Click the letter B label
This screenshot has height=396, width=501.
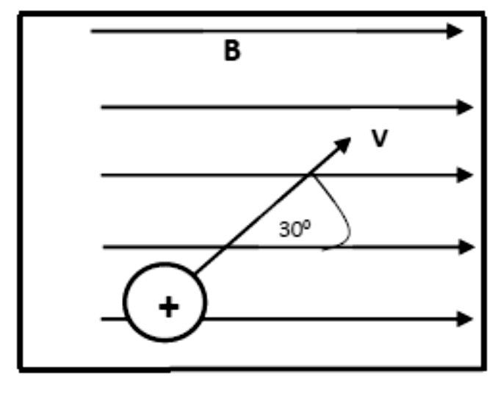pos(232,51)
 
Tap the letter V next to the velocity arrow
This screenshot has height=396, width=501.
pos(380,138)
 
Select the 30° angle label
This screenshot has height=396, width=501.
pos(295,228)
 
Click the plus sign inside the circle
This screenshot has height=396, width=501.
pos(169,307)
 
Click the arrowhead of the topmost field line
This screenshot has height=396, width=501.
pos(455,31)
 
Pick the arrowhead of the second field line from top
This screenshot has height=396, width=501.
pos(465,107)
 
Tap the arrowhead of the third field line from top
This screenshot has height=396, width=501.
pos(465,175)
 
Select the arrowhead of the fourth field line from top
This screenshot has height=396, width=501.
pos(466,247)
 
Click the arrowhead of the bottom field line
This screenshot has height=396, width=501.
pos(465,319)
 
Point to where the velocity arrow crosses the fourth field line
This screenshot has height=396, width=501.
pos(226,247)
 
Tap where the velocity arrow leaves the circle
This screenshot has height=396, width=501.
pos(195,273)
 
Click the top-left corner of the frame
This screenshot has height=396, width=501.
pos(20,14)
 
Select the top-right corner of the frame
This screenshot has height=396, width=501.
pos(484,14)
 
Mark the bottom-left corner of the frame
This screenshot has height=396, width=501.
pos(20,370)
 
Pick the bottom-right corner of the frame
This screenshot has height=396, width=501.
pos(484,369)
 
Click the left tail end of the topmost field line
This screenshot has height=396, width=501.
pos(91,31)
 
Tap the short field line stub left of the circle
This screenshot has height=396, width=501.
pos(113,319)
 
